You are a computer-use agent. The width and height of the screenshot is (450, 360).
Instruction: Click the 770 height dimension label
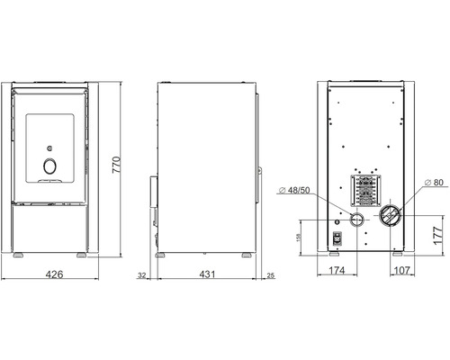tap(116, 165)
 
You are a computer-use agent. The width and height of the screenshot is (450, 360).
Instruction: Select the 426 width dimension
tap(54, 274)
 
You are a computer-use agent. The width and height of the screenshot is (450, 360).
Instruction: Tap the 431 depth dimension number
tap(207, 274)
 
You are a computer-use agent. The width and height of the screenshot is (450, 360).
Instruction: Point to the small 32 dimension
tap(142, 275)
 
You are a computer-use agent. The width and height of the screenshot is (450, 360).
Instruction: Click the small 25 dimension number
tap(270, 275)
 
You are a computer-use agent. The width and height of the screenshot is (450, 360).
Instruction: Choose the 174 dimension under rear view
tap(337, 270)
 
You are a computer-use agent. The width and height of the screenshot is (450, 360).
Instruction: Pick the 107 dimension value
tap(401, 270)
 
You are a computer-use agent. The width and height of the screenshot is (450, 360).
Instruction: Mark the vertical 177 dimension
tap(438, 236)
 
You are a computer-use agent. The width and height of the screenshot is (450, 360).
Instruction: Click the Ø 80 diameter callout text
tap(434, 182)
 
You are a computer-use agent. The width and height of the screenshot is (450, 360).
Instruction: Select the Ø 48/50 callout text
tap(294, 190)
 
